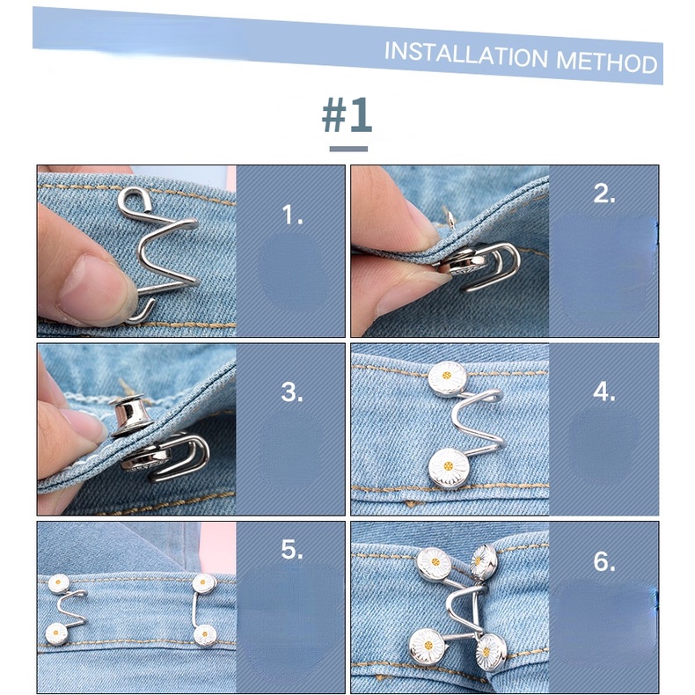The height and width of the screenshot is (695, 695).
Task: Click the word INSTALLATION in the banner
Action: coord(466,55)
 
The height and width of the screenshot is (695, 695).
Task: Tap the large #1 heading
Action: coord(347,115)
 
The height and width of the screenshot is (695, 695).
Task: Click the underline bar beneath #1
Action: coord(348,149)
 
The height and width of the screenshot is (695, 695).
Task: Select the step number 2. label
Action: coord(604,194)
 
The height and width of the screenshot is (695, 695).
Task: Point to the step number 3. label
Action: coord(292,392)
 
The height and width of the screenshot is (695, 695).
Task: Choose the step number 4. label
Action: coord(604,392)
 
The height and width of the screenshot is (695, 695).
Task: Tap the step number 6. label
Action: coord(604,561)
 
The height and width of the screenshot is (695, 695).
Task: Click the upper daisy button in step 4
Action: coord(447,378)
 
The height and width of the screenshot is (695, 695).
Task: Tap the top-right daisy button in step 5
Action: coord(203,582)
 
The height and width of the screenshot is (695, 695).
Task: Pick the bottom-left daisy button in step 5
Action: coord(59,633)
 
